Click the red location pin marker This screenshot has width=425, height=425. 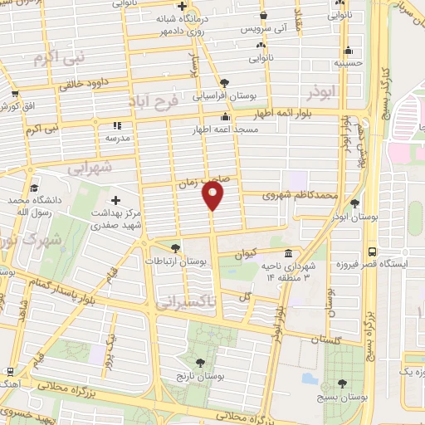tap(214, 196)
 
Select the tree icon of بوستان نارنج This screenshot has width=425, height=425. tap(200, 363)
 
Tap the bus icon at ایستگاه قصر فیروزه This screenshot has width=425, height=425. tap(373, 251)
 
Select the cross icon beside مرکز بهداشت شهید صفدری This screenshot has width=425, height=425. tap(115, 200)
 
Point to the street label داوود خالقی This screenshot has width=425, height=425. tap(85, 84)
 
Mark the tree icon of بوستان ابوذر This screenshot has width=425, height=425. tap(354, 203)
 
